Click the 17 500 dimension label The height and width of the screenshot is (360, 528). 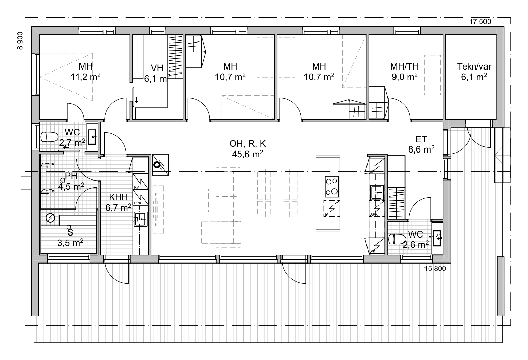480,22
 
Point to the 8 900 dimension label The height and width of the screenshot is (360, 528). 20,41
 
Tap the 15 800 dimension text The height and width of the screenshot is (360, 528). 435,269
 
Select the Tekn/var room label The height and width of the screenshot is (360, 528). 474,66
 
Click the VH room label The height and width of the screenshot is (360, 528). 157,68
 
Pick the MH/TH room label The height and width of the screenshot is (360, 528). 405,66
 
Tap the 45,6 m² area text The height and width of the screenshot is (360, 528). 247,154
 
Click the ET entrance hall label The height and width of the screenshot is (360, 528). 421,139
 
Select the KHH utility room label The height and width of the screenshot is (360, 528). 118,197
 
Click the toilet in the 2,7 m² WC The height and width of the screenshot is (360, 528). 50,137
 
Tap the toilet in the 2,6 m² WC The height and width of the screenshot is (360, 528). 397,239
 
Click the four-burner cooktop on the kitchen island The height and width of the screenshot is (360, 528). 332,187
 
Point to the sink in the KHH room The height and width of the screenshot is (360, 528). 141,219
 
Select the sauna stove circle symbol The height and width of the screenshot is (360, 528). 50,218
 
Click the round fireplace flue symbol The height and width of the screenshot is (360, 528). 157,165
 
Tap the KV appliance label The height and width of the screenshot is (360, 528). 136,187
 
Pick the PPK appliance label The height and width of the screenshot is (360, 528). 138,203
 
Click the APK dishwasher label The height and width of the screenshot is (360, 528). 374,214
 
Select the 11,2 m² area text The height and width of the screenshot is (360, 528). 86,77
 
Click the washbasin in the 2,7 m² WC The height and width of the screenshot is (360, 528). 92,137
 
